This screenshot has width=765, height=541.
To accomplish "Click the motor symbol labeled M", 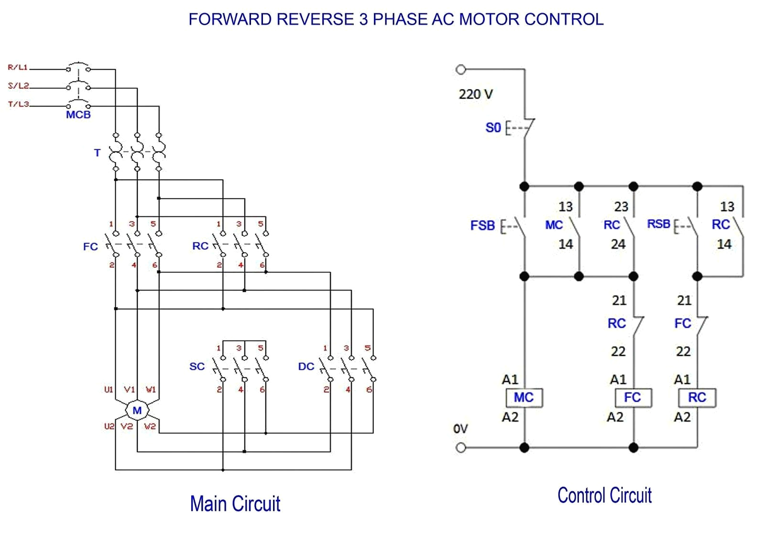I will [x=137, y=410].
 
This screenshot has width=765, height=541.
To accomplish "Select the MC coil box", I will [x=524, y=397].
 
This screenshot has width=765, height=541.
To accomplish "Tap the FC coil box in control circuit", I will [x=633, y=397].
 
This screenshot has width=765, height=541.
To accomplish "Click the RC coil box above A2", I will [x=697, y=397].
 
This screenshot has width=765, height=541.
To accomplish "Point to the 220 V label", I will [x=475, y=94].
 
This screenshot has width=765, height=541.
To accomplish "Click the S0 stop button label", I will [x=493, y=128].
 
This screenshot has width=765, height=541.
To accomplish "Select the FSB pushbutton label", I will [x=482, y=225].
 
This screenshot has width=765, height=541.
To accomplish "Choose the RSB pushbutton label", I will [x=658, y=224].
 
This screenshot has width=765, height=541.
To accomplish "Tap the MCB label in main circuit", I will [x=78, y=115].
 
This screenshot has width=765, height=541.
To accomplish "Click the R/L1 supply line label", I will [x=18, y=67].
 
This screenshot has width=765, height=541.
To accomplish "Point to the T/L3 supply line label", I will [x=18, y=104].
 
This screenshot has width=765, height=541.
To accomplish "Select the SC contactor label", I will [x=197, y=367].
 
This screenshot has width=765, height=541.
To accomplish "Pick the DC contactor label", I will [x=306, y=367].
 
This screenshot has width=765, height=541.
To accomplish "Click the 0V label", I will [x=460, y=429].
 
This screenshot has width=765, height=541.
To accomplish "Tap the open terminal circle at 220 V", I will [x=460, y=70].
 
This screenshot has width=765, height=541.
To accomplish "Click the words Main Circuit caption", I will [x=235, y=504].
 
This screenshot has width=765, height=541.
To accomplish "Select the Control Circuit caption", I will [x=604, y=496].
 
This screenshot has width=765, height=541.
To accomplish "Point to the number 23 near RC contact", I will [x=621, y=207].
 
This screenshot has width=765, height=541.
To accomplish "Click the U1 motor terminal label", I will [x=109, y=389].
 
